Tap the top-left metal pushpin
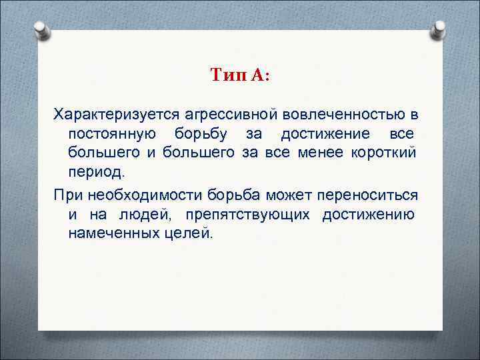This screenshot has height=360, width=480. (41, 29)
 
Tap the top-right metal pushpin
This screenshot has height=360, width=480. (440, 29)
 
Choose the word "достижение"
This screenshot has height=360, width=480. (321, 132)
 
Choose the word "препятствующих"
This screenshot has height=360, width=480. (246, 215)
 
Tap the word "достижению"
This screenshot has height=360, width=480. (371, 215)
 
